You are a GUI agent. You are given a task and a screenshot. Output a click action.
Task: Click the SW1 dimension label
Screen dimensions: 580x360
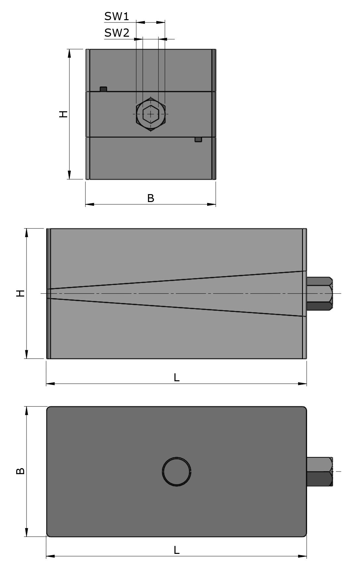coord(116,16)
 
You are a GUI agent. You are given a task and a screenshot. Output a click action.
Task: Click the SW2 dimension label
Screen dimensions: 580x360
coord(116,33)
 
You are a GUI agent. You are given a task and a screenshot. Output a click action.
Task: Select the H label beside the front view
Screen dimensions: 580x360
coord(63,114)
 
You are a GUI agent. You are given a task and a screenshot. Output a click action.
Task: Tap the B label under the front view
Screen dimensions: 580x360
coord(151,198)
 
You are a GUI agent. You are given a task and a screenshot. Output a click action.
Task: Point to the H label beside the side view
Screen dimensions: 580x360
coord(21,293)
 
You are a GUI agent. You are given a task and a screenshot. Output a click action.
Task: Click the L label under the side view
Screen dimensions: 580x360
coord(176,377)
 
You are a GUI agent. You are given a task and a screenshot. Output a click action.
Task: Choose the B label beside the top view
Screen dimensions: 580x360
coord(21,471)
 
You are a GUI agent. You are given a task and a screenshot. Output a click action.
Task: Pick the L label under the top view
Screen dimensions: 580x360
coord(176,550)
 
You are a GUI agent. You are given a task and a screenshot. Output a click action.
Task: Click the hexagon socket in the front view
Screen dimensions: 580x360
coord(151,114)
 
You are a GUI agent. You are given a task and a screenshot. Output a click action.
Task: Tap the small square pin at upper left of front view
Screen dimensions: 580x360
coord(104,89)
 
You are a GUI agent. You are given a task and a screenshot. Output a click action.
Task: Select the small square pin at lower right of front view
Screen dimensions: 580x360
coord(198,140)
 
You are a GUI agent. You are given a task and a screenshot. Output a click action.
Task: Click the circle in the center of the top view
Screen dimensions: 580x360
coord(176,471)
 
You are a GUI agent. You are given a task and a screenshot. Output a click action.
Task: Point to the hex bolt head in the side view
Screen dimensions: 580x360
coord(319,294)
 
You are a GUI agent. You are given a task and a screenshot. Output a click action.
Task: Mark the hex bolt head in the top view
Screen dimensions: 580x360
coord(319,471)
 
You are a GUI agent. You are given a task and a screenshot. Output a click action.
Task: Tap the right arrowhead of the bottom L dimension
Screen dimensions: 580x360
coord(302,557)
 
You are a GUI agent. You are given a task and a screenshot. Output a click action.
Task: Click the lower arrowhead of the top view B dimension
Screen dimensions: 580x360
coord(26,532)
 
